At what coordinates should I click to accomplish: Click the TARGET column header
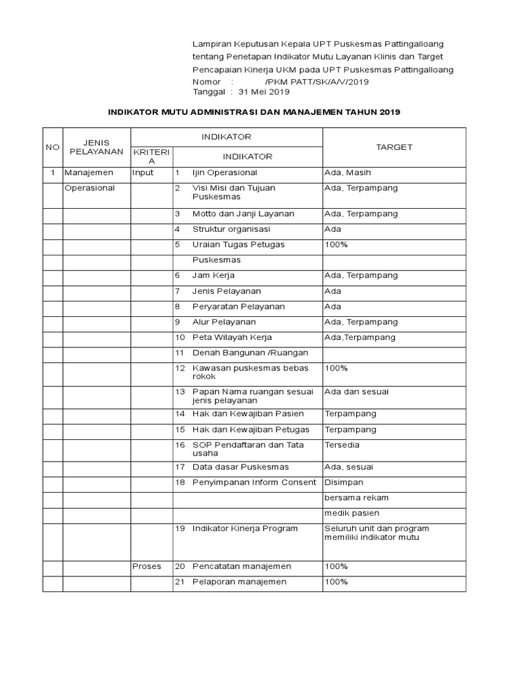click(x=394, y=147)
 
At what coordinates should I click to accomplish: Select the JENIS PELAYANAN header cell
click(x=96, y=147)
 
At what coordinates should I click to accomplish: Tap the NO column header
click(x=52, y=147)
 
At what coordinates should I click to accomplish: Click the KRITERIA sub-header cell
click(x=151, y=157)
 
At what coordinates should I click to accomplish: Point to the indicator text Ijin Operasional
click(x=224, y=173)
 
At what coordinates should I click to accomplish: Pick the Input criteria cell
click(x=143, y=173)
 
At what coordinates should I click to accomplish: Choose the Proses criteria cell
click(x=147, y=566)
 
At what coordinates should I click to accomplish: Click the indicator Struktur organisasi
click(x=231, y=229)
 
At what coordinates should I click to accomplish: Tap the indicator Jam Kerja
click(x=214, y=276)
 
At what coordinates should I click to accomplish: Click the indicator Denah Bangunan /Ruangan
click(x=250, y=353)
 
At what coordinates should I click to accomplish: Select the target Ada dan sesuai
click(x=356, y=392)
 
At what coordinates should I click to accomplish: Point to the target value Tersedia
click(x=343, y=445)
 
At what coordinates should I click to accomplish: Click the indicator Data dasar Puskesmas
click(x=241, y=467)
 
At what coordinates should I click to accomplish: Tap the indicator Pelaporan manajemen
click(x=240, y=582)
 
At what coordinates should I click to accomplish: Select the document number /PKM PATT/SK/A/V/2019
click(x=318, y=81)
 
